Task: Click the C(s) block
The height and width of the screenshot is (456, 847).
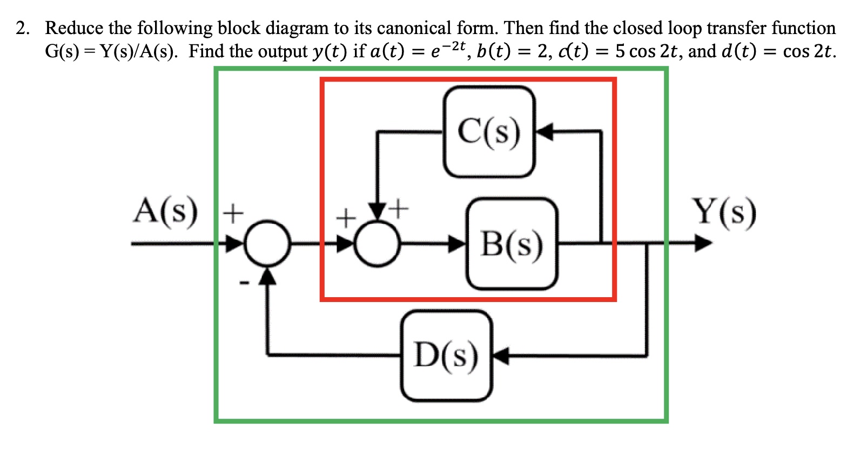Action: (489, 132)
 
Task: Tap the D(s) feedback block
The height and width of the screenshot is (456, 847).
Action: (446, 356)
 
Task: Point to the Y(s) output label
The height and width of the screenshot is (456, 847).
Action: (725, 212)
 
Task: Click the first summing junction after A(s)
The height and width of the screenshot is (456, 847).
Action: (268, 244)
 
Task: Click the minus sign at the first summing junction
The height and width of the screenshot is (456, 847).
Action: (244, 281)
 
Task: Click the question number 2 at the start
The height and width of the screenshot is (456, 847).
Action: (22, 28)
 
